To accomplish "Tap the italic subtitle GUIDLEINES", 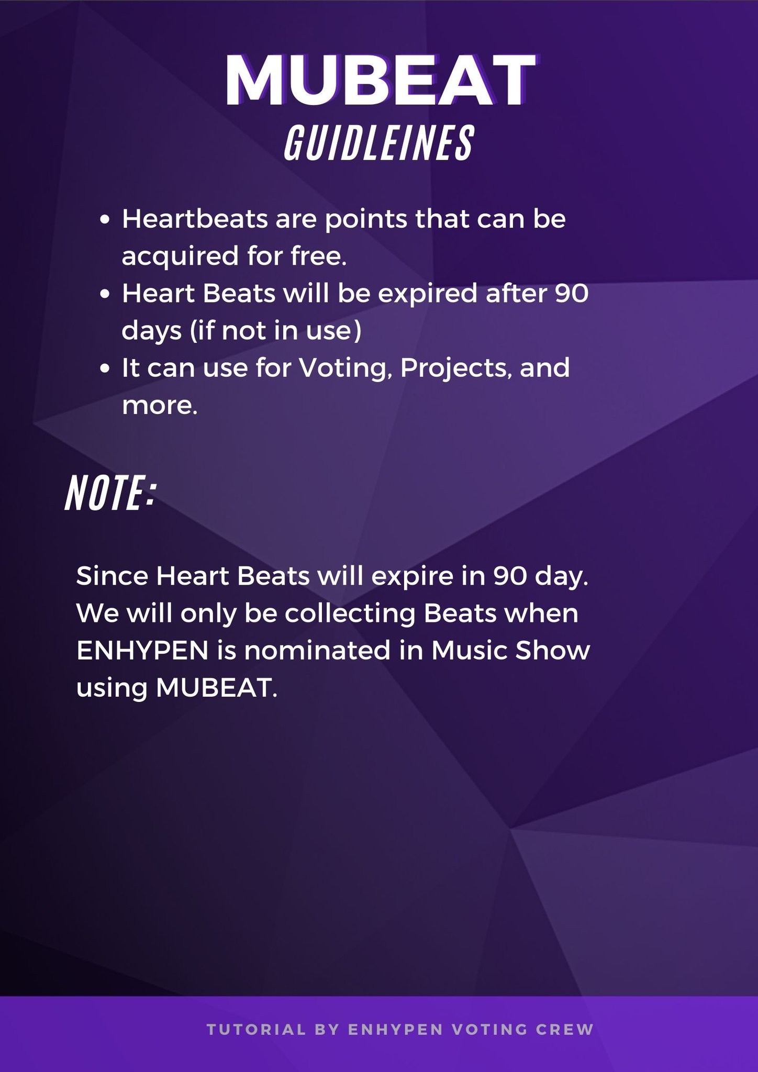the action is (379, 143).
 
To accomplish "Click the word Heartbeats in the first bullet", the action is (195, 219).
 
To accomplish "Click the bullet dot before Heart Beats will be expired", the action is (106, 295).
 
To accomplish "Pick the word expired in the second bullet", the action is (427, 295).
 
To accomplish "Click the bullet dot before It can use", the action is (106, 370).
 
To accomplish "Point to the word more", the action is (160, 407).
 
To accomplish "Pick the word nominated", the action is (318, 651).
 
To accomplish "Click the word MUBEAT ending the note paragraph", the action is (216, 688).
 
